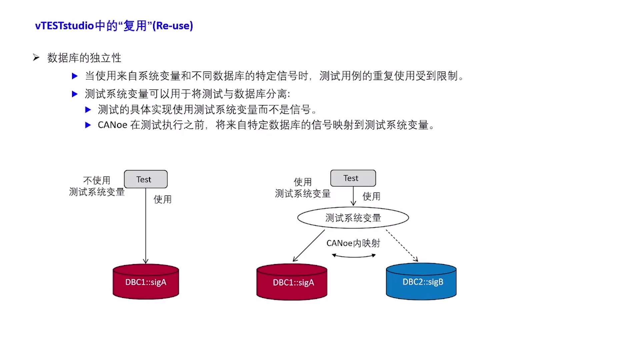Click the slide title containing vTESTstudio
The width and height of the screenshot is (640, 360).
[114, 26]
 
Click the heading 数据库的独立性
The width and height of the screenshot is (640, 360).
[84, 58]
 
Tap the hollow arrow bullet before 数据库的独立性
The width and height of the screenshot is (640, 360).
[36, 58]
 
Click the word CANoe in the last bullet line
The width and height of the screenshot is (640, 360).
[112, 125]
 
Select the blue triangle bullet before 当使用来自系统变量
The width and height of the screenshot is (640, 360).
[75, 76]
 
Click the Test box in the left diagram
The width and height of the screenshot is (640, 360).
[146, 179]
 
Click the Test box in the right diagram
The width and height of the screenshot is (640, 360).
[353, 178]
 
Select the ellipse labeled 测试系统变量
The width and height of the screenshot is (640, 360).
[353, 218]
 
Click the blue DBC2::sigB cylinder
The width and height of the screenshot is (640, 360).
[421, 282]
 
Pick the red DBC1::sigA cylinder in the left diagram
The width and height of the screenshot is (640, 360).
[146, 282]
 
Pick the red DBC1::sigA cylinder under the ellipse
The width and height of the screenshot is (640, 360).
[292, 282]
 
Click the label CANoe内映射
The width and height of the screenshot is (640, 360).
[353, 243]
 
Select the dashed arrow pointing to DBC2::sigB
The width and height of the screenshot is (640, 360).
[402, 245]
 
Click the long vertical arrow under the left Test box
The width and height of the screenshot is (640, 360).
[146, 227]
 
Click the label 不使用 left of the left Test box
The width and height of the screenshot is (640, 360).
[97, 180]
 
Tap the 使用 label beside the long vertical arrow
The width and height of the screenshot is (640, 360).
[162, 199]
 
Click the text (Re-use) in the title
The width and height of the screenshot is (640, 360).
[173, 26]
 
